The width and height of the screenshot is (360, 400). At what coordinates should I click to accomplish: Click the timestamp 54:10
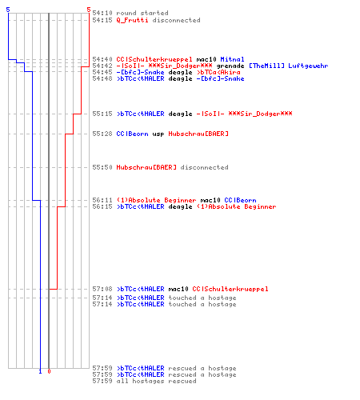(102, 13)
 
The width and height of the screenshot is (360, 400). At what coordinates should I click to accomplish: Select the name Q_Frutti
(132, 20)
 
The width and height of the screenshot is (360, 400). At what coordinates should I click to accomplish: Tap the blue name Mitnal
(232, 59)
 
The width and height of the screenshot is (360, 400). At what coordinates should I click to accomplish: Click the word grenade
(230, 66)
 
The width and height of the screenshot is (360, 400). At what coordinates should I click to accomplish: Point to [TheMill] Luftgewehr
(289, 66)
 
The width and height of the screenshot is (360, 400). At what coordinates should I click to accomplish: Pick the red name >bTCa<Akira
(218, 72)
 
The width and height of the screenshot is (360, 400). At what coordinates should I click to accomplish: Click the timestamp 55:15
(102, 114)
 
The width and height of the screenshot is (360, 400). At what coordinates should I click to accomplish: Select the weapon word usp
(158, 134)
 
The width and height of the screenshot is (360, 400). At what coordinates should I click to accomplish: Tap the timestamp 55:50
(102, 167)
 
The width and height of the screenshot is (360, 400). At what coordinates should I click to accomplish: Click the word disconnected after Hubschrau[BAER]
(204, 167)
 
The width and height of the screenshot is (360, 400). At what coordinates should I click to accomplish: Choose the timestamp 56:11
(102, 200)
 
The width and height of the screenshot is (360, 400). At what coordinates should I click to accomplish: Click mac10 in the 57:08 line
(178, 289)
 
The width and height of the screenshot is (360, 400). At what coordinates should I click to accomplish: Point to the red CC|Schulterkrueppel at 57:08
(230, 289)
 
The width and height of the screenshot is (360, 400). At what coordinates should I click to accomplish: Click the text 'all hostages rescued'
(156, 381)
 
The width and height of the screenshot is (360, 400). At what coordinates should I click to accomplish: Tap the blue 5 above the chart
(8, 10)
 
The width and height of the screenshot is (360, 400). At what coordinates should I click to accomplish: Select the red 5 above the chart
(89, 10)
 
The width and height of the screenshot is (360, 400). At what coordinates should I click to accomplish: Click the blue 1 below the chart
(40, 371)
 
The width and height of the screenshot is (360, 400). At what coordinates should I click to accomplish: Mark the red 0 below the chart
(49, 371)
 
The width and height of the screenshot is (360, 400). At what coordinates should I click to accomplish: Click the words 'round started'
(142, 13)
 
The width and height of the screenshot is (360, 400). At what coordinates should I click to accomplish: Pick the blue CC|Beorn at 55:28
(132, 134)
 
